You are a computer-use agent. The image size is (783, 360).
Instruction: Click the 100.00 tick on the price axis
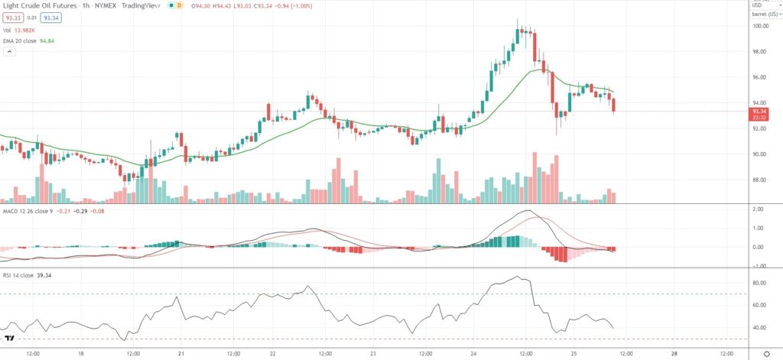pos(759,26)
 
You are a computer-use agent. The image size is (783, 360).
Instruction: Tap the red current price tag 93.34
pos(759,112)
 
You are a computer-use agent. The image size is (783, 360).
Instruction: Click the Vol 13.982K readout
pos(29,28)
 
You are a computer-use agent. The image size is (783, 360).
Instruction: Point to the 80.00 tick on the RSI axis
pos(759,283)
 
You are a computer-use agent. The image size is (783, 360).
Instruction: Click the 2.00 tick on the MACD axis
pos(758,209)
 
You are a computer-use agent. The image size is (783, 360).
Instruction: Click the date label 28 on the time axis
pos(674,354)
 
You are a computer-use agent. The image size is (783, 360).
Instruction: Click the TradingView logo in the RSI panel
pos(11,339)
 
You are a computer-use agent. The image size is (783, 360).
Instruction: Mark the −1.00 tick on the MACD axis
pos(757,266)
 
